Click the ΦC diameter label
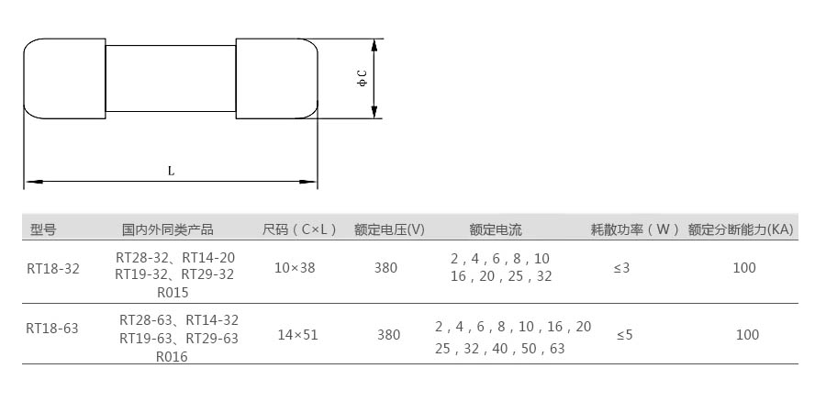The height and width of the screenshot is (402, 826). click(x=362, y=78)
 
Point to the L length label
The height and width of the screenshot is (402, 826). click(x=172, y=171)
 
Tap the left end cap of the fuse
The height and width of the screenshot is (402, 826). click(x=65, y=78)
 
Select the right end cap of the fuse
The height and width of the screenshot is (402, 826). click(x=277, y=78)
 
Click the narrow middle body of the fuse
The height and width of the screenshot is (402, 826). click(x=171, y=78)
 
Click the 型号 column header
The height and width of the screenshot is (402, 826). click(x=43, y=229)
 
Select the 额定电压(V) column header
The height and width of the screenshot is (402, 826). click(x=389, y=229)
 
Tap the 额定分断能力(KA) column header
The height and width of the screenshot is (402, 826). click(x=740, y=229)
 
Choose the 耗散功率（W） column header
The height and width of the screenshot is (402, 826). click(x=635, y=229)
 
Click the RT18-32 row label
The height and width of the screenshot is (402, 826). click(x=52, y=269)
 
